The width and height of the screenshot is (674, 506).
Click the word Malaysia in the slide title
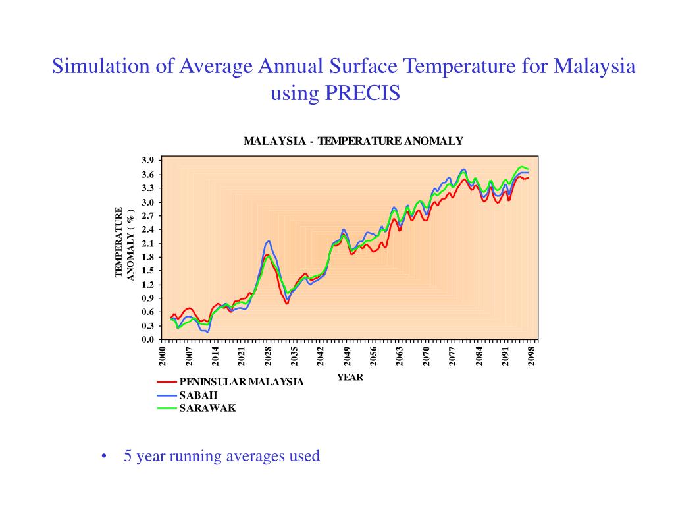click(594, 66)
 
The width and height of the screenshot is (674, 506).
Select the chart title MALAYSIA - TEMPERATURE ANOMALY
click(353, 141)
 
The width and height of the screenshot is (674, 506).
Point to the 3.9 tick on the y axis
click(147, 161)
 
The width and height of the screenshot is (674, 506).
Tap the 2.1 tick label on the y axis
click(147, 243)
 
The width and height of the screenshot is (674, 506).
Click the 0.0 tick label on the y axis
click(147, 339)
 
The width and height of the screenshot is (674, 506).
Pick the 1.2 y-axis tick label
click(147, 285)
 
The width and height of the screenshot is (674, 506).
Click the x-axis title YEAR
click(350, 378)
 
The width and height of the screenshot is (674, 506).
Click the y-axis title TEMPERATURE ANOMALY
click(124, 243)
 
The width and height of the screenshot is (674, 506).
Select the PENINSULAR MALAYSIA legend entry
click(241, 382)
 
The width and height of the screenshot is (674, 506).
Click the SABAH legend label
click(198, 395)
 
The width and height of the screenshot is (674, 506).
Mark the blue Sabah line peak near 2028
click(268, 241)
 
